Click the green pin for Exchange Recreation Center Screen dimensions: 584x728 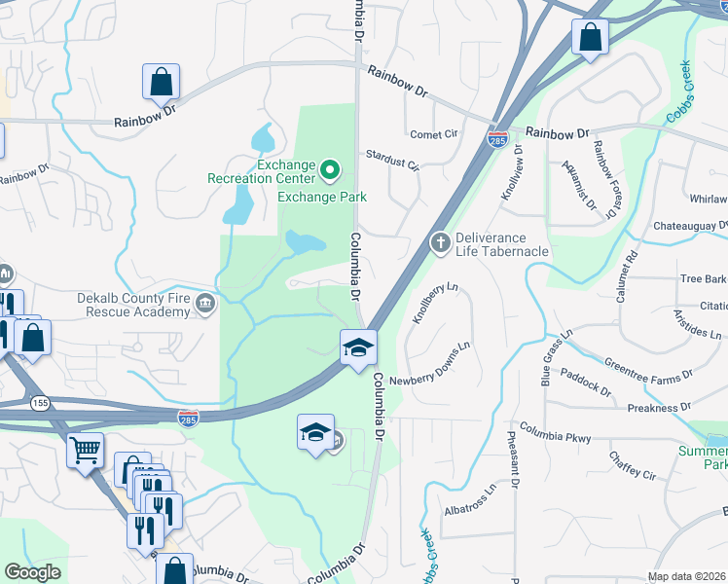[329, 172]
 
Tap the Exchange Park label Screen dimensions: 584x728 [322, 197]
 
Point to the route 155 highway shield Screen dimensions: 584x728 [39, 402]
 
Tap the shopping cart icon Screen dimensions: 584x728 [86, 451]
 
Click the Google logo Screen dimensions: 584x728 [32, 572]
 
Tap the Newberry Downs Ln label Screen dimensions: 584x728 [430, 363]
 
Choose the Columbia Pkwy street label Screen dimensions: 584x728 [555, 433]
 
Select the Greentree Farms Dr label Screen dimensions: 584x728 [647, 369]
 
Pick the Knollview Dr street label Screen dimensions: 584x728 [511, 173]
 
